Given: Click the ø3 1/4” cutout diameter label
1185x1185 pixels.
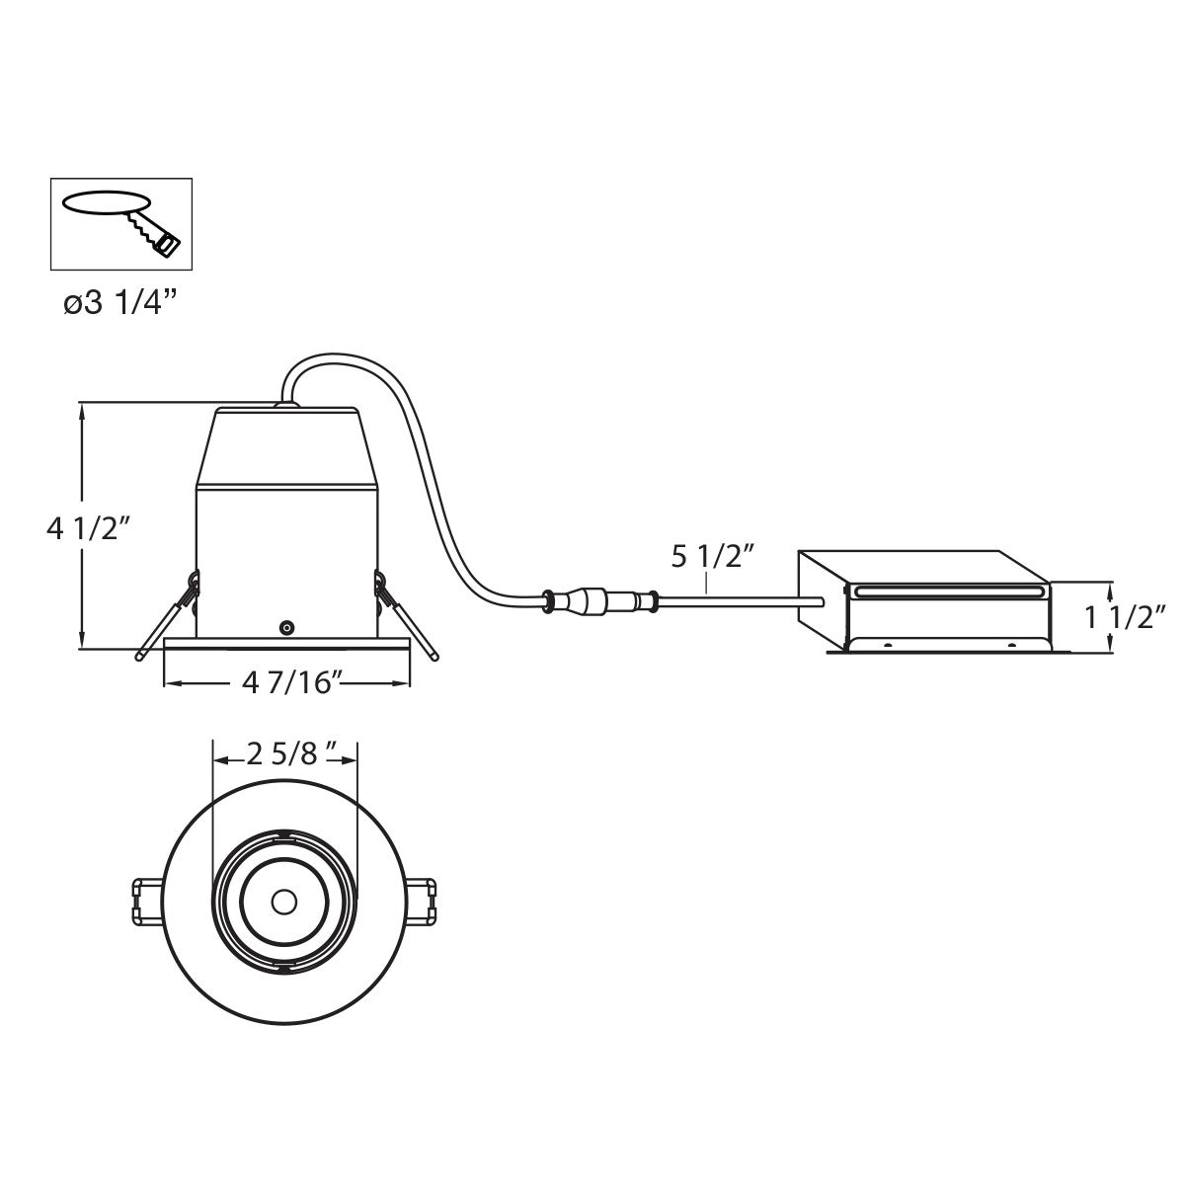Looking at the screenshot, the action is pos(120,304).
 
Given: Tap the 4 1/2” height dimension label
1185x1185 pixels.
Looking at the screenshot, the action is pos(90,528).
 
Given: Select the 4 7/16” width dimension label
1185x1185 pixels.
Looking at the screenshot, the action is pos(291,682).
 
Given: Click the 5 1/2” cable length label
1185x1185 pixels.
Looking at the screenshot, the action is pos(713,557).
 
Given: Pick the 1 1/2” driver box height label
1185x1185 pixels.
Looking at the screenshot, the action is pos(1125,618).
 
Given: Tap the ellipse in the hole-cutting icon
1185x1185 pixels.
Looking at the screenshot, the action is pos(107,203).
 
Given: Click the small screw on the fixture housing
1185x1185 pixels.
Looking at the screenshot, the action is pos(285,628).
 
